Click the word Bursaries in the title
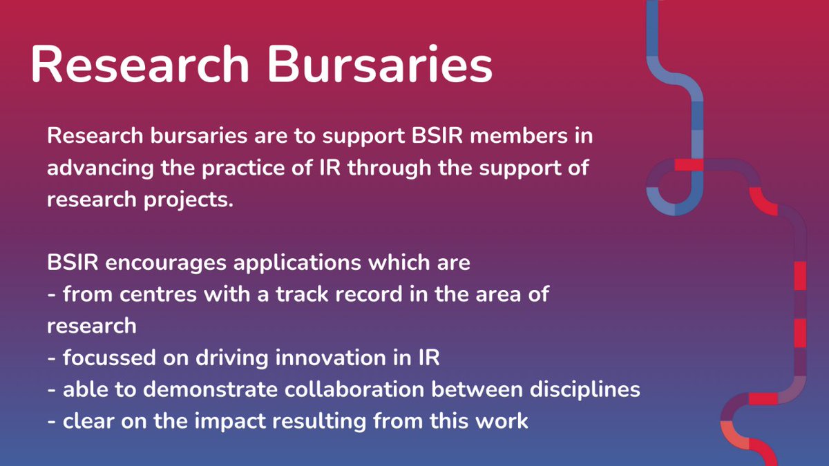[381, 66]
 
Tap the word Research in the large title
[139, 66]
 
